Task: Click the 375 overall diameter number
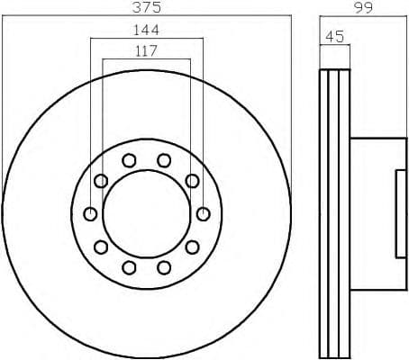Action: pyautogui.click(x=147, y=7)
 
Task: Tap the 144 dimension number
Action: pyautogui.click(x=146, y=30)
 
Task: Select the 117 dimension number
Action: pyautogui.click(x=146, y=51)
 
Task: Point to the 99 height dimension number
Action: pyautogui.click(x=363, y=7)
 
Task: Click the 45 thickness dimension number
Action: pyautogui.click(x=334, y=37)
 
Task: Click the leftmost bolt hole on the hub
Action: pyautogui.click(x=90, y=214)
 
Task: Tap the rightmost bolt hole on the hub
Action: pyautogui.click(x=204, y=214)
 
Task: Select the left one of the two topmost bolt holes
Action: pyautogui.click(x=129, y=160)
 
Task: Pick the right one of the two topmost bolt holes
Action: pyautogui.click(x=164, y=160)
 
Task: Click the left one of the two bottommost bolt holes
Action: pyautogui.click(x=129, y=267)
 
